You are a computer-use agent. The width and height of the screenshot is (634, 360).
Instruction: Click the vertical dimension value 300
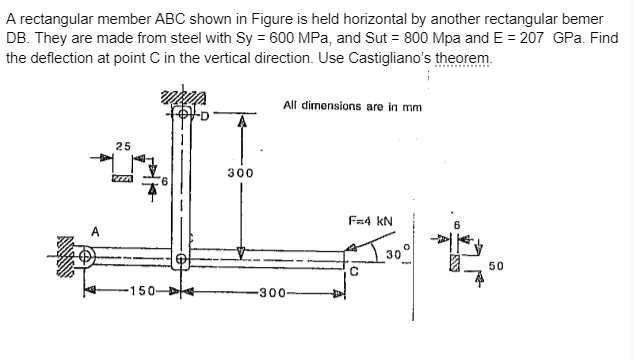tap(239, 172)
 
